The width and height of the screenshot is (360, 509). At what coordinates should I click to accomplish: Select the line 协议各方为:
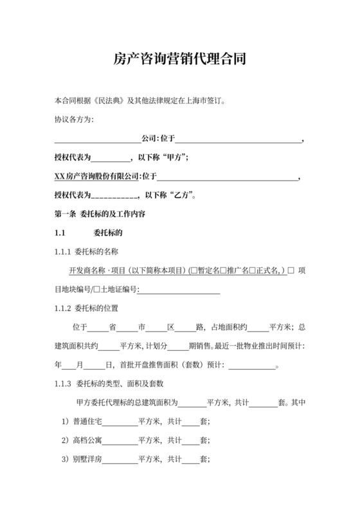pyautogui.click(x=74, y=120)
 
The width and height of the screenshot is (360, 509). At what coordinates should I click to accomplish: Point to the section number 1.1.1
pyautogui.click(x=63, y=251)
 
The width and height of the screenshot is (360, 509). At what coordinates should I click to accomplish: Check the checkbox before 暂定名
pyautogui.click(x=193, y=270)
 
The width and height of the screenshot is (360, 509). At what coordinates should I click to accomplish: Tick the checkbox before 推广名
pyautogui.click(x=223, y=270)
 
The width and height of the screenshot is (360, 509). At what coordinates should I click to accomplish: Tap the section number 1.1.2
pyautogui.click(x=63, y=308)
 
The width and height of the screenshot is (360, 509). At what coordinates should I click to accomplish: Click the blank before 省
pyautogui.click(x=97, y=327)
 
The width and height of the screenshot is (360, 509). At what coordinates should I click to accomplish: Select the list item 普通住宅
pyautogui.click(x=87, y=422)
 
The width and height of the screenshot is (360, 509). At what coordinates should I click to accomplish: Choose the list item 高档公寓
pyautogui.click(x=87, y=441)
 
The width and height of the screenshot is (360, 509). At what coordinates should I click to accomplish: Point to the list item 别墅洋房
pyautogui.click(x=87, y=460)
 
